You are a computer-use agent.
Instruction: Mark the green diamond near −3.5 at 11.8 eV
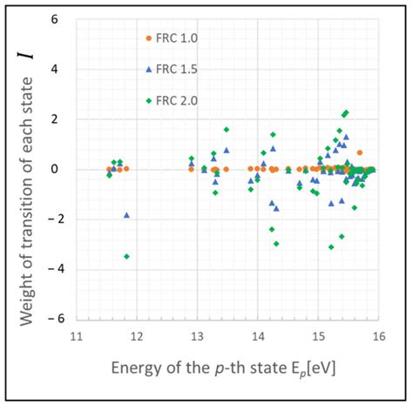[127, 256]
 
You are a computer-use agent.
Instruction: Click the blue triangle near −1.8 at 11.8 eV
[126, 214]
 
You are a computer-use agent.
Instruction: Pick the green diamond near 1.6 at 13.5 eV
[227, 129]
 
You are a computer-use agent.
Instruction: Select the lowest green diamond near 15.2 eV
[331, 246]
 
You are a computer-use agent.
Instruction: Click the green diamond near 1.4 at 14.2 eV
[273, 134]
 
